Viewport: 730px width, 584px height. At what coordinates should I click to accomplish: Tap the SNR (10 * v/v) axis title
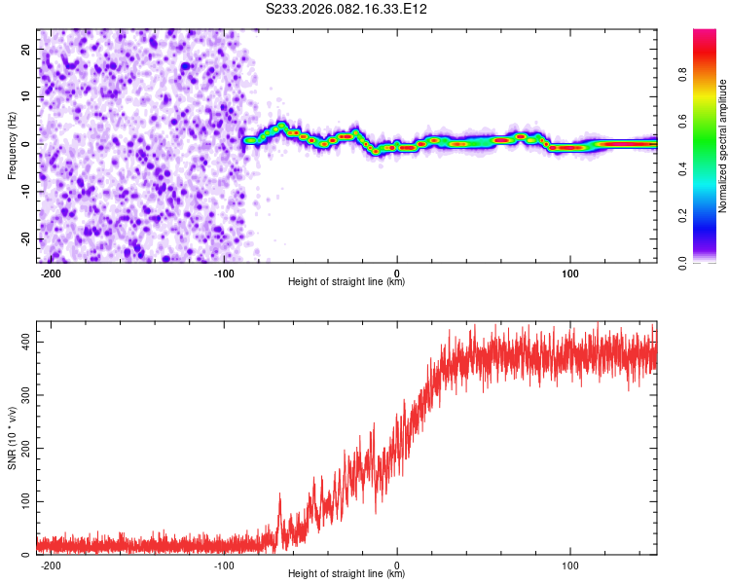(12, 438)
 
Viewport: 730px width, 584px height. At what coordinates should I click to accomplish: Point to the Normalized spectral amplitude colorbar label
(722, 147)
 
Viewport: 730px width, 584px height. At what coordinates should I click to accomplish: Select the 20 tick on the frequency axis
(25, 48)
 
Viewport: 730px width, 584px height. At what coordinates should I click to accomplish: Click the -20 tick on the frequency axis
(23, 238)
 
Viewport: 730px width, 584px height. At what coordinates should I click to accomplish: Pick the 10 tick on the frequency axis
(25, 95)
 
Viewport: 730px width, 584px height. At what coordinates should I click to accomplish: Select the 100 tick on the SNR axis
(21, 500)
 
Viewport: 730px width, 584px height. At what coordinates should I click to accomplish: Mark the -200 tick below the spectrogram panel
(52, 273)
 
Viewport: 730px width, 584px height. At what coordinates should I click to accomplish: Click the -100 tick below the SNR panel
(224, 565)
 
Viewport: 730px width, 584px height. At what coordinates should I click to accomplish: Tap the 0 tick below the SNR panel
(397, 565)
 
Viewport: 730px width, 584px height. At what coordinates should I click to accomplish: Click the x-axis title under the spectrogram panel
(347, 282)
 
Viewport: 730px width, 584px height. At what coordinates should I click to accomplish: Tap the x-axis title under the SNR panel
(347, 574)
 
